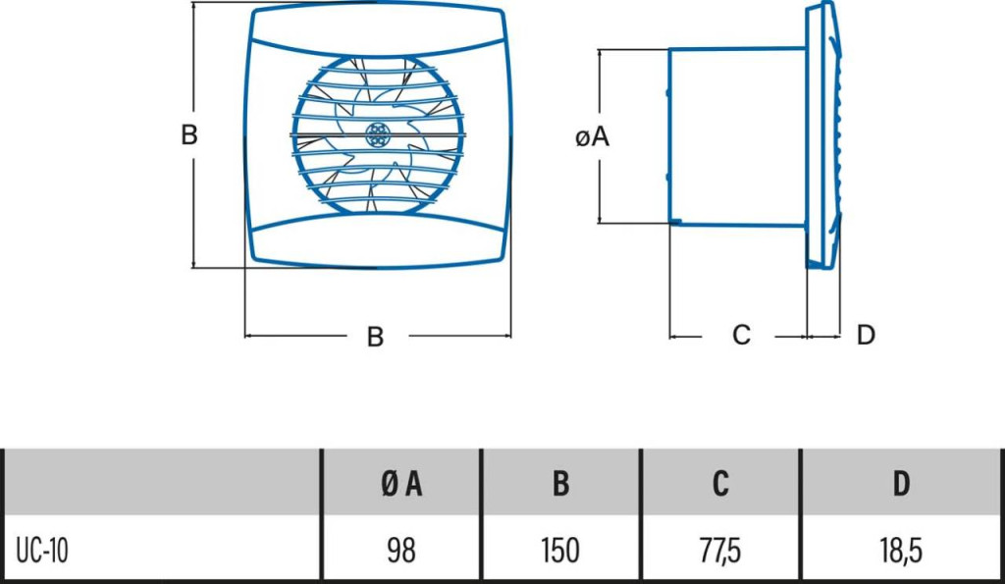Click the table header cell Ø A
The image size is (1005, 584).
400,483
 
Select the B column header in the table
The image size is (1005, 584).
560,483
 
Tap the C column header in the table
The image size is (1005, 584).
721,483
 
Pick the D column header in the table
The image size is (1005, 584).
901,483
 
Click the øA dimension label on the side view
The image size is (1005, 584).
593,138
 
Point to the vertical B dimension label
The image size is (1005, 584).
189,134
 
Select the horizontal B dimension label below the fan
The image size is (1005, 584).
375,337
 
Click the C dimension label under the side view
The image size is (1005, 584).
742,336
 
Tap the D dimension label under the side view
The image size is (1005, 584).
865,336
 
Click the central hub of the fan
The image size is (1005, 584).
378,135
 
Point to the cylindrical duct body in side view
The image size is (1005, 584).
736,135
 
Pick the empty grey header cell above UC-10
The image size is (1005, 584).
162,483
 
